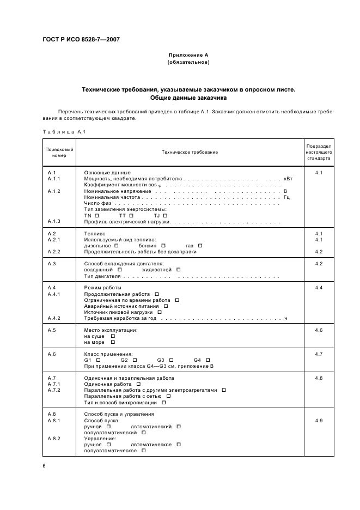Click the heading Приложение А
tap(189, 55)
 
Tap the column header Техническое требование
tap(189, 153)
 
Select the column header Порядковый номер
tap(59, 153)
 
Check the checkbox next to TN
tap(96, 215)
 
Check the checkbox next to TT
tap(131, 215)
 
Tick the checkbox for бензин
tap(163, 245)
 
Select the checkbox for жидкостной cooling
tap(178, 269)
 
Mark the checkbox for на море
tap(113, 342)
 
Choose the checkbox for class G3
tap(170, 360)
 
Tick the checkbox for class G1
tap(98, 360)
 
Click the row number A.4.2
tap(54, 318)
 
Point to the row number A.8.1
tap(54, 421)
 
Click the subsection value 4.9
tap(319, 421)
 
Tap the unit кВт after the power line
tap(288, 179)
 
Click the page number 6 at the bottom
tap(44, 465)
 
